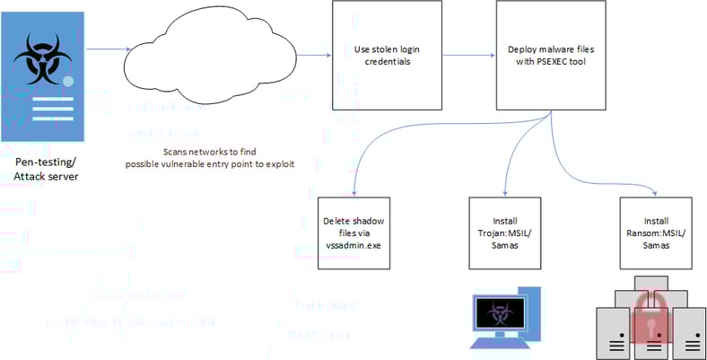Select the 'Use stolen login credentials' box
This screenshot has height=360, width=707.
[x=386, y=55]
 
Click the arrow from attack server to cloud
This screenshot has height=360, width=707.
[x=109, y=49]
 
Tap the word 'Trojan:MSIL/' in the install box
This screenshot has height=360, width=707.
[x=506, y=232]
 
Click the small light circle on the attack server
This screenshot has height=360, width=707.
[x=68, y=82]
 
